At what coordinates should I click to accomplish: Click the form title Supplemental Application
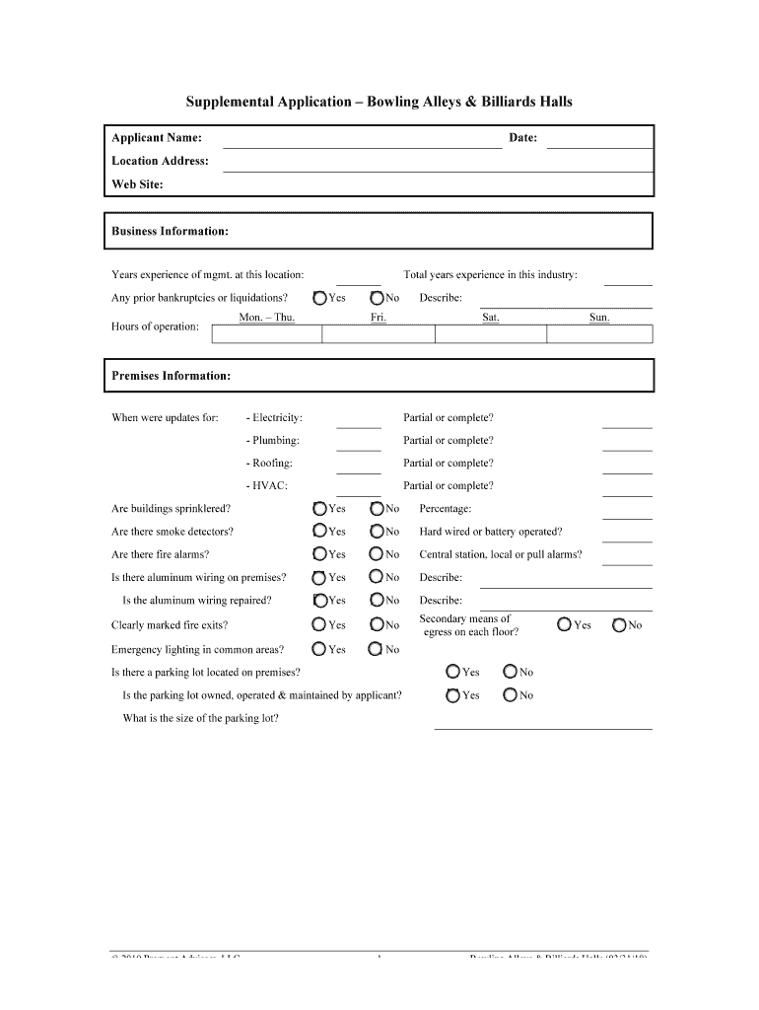click(x=379, y=102)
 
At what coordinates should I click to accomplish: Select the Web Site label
click(x=138, y=184)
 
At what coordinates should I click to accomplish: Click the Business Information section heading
click(x=171, y=232)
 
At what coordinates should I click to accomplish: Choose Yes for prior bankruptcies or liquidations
click(x=320, y=298)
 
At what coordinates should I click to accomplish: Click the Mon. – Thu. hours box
click(x=267, y=334)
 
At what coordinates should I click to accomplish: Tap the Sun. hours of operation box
click(x=598, y=334)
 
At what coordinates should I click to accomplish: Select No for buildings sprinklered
click(x=378, y=509)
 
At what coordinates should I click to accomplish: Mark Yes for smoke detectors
click(x=320, y=532)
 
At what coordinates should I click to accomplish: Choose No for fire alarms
click(x=378, y=554)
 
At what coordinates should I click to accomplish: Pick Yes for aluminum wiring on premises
click(x=320, y=578)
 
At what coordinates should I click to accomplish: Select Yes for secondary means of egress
click(x=564, y=624)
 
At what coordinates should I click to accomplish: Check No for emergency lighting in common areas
click(x=377, y=649)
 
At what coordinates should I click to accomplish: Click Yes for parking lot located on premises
click(x=452, y=672)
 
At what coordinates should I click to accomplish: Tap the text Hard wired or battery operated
click(x=491, y=532)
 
